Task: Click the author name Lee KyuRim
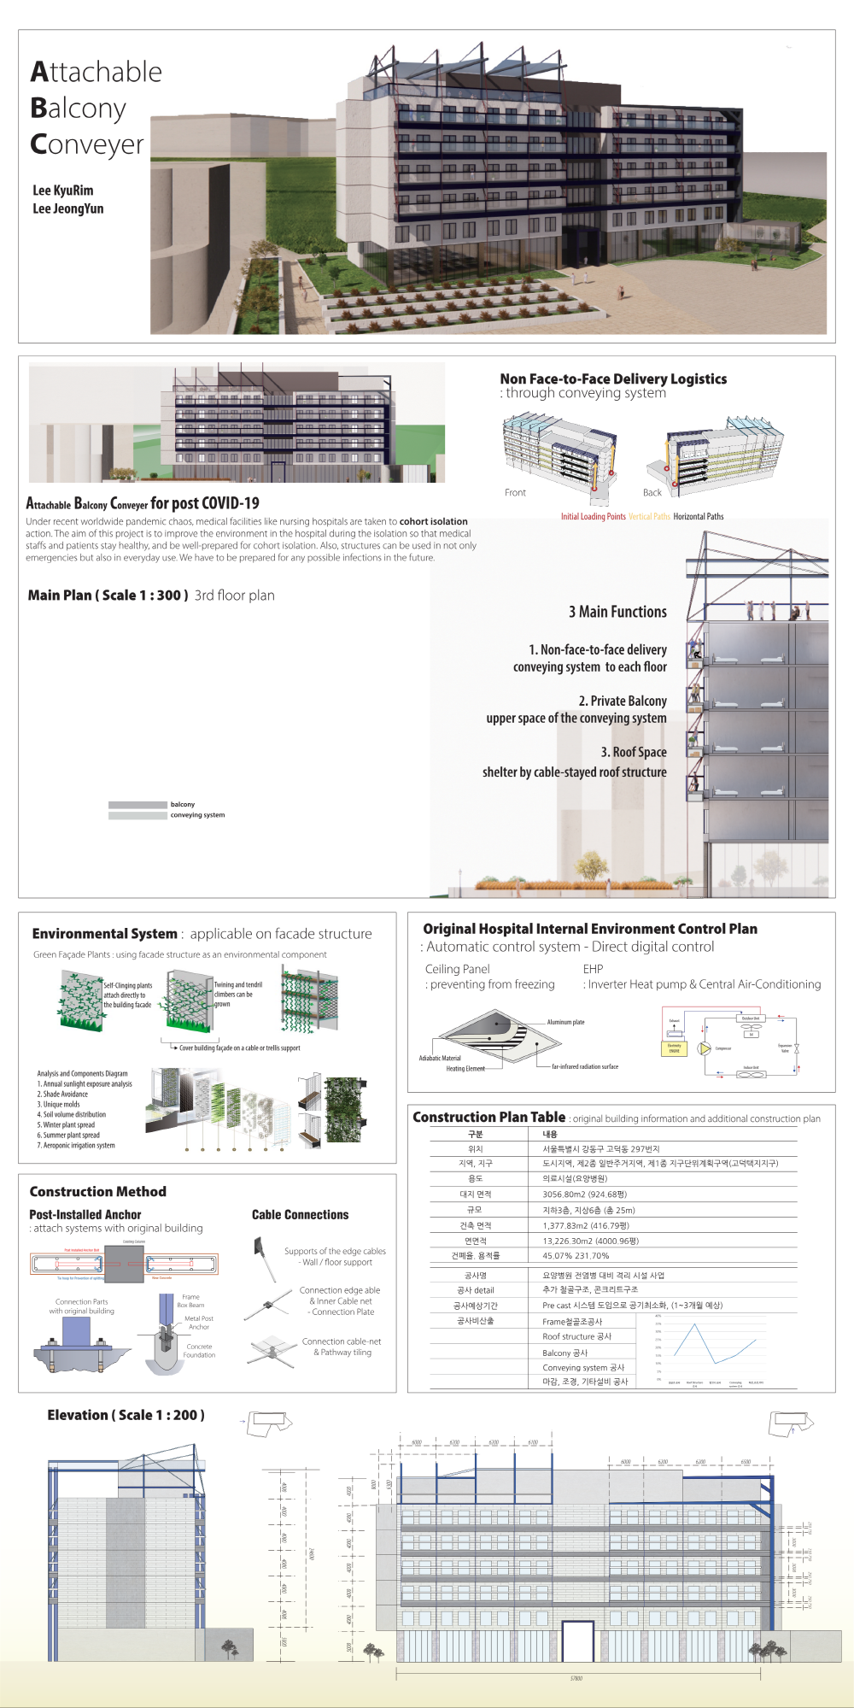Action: [x=63, y=191]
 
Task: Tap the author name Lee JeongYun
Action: [x=68, y=208]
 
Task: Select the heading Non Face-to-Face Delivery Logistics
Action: [x=613, y=379]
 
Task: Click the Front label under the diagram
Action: [x=515, y=493]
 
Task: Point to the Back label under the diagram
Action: [x=652, y=493]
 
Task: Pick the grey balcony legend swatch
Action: [x=137, y=805]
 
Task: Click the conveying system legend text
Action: [x=197, y=815]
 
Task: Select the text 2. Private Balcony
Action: [x=623, y=701]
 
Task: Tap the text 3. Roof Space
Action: [x=634, y=752]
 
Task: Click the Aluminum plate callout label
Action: [x=565, y=1022]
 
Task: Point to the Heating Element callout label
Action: [x=465, y=1069]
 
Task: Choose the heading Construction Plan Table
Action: [x=488, y=1117]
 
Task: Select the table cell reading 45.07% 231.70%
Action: [x=576, y=1256]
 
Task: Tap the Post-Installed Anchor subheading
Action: [x=85, y=1214]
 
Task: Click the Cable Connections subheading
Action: [x=300, y=1214]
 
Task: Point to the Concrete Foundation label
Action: [x=199, y=1350]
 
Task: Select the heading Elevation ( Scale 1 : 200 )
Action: [x=126, y=1415]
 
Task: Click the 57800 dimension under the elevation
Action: [x=576, y=1678]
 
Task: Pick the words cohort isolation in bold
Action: [x=434, y=521]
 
